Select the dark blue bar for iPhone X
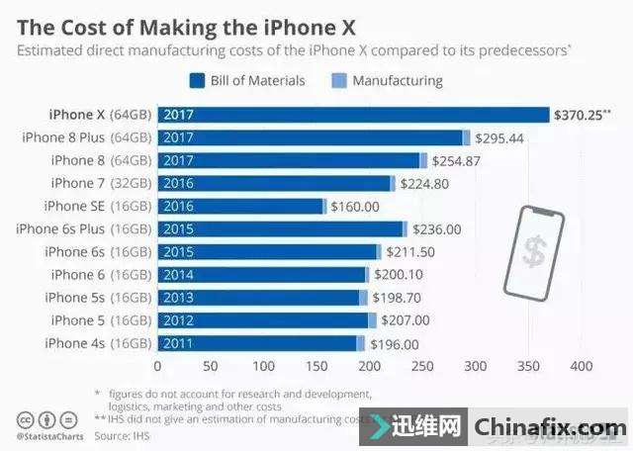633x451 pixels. pos(352,115)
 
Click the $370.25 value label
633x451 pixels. pos(585,115)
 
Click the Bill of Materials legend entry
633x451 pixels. pos(251,80)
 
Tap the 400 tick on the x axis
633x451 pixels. pos(582,365)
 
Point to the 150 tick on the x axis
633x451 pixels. pos(316,365)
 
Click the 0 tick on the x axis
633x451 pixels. pos(157,365)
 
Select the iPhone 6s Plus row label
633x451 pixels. pos(83,228)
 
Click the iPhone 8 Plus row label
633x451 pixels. pos(86,137)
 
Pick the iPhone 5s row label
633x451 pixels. pos(98,297)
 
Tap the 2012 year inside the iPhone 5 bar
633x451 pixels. pos(179,320)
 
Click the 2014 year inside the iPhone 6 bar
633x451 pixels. pos(179,274)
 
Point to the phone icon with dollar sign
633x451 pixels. pos(534,248)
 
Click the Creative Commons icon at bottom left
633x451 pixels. pos(22,420)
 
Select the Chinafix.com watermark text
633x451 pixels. pos(549,428)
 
